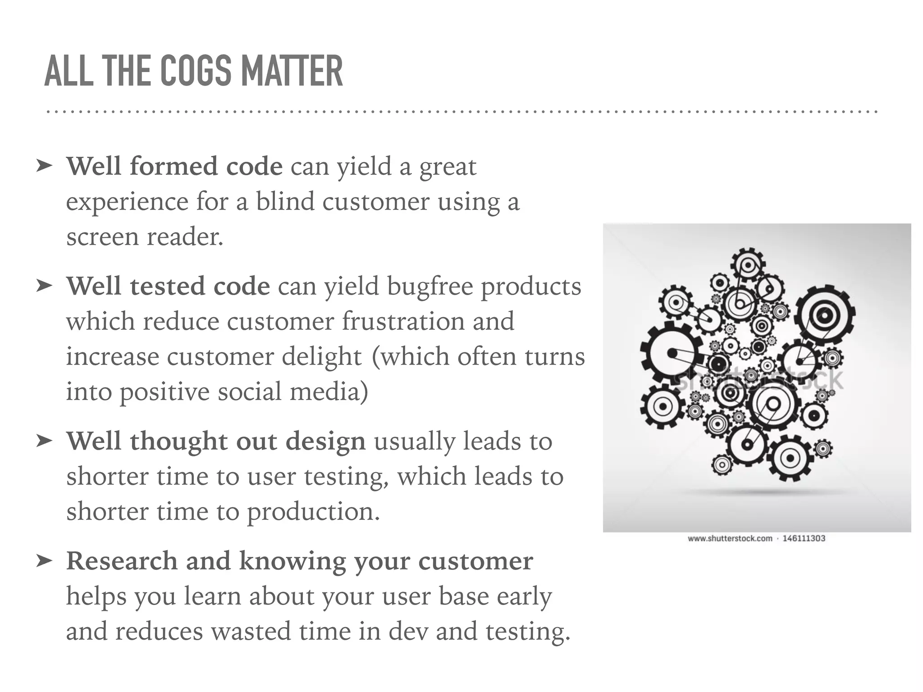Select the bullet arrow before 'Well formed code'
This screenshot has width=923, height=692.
coord(44,166)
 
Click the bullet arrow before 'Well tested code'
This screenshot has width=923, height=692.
coord(44,286)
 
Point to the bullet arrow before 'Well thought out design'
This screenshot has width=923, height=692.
coord(44,441)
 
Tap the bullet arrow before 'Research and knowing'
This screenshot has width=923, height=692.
coord(44,560)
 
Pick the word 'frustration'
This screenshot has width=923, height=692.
coord(403,321)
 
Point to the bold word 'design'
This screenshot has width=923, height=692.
coord(325,442)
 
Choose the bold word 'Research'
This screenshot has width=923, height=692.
coord(122,561)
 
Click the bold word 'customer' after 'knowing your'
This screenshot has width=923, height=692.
coord(475,561)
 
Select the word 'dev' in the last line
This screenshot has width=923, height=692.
coord(408,631)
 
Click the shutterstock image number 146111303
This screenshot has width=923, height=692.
coord(804,538)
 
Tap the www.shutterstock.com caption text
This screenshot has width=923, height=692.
coord(730,538)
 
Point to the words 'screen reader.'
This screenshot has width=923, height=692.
coord(145,236)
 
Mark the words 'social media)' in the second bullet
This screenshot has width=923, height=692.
coord(293,392)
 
